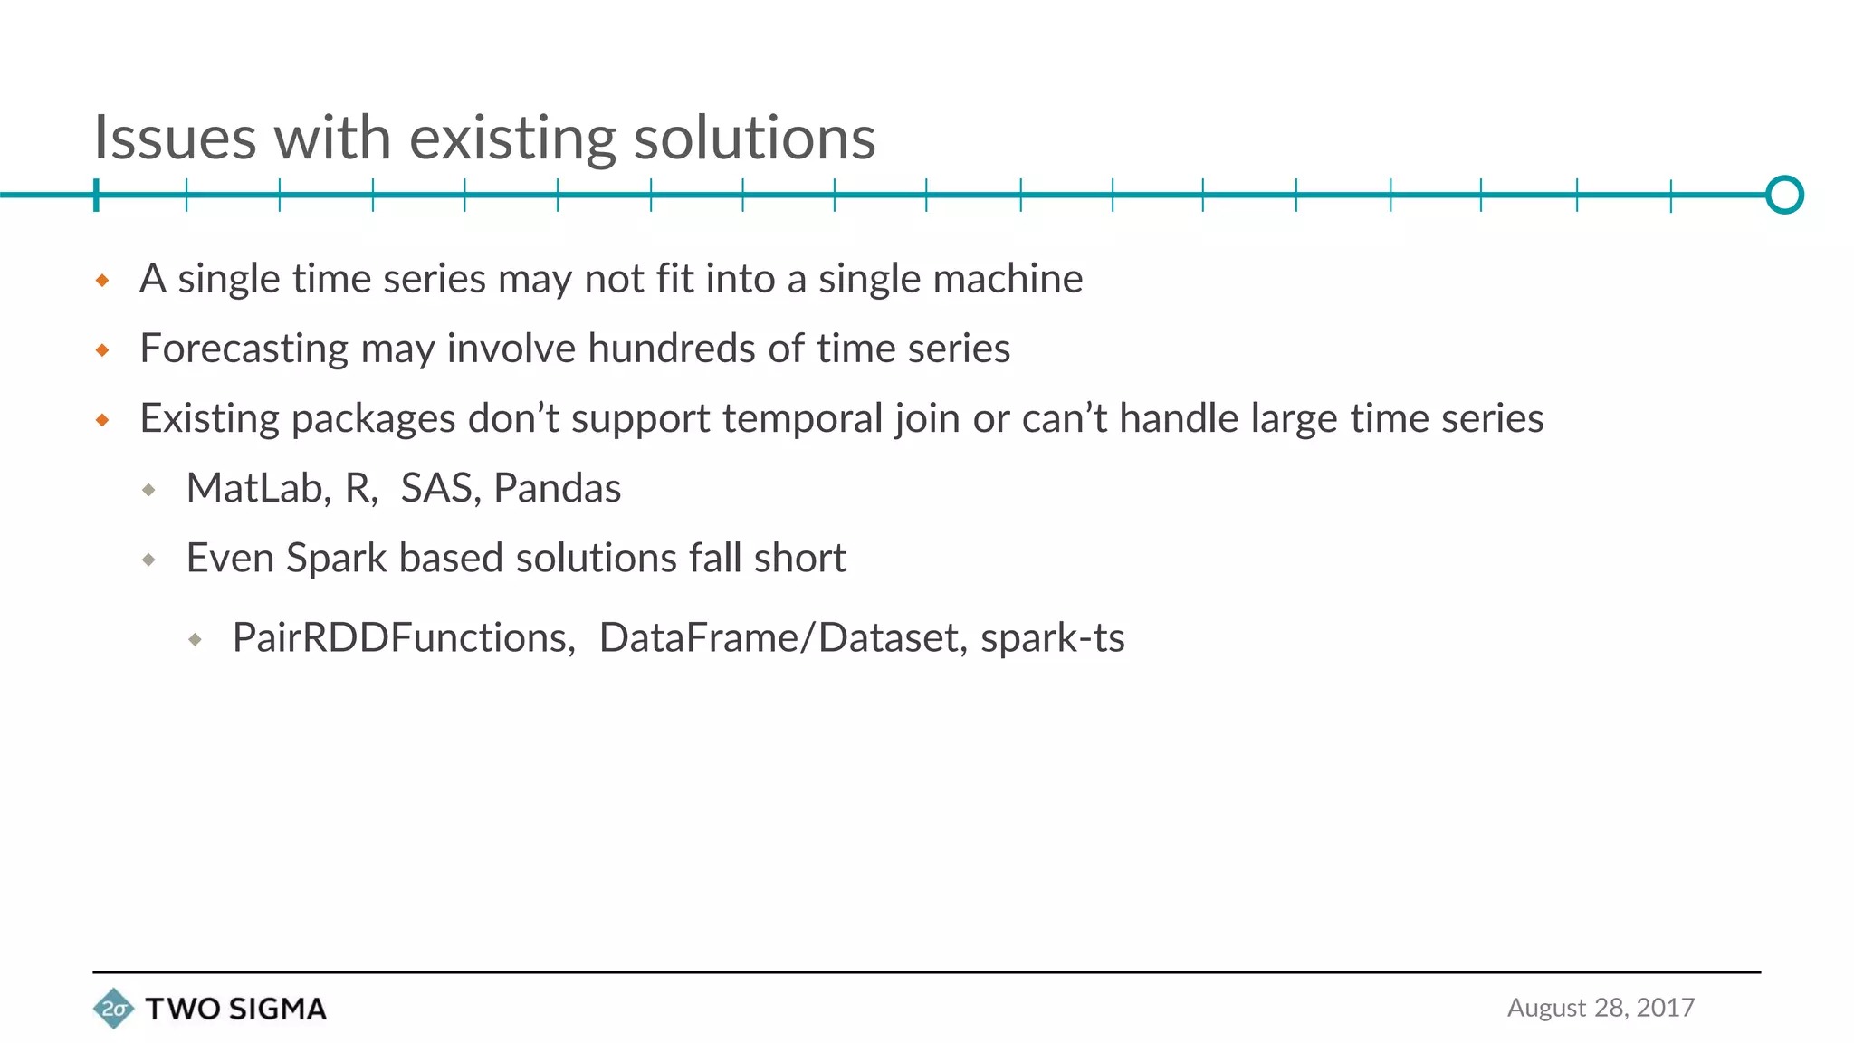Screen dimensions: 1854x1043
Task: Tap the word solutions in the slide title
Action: pyautogui.click(x=754, y=139)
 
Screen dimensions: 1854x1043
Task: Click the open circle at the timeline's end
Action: pyautogui.click(x=1784, y=195)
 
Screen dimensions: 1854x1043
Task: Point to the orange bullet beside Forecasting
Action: pyautogui.click(x=102, y=350)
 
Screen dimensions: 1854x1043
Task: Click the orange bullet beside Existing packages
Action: pyautogui.click(x=102, y=420)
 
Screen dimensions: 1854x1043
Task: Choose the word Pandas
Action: pyautogui.click(x=558, y=488)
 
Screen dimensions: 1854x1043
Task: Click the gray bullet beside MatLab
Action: pyautogui.click(x=149, y=490)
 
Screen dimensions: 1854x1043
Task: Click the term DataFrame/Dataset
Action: pyautogui.click(x=779, y=638)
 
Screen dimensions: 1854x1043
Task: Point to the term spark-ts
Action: pyautogui.click(x=1053, y=638)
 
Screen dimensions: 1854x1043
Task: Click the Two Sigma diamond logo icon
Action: pyautogui.click(x=113, y=1008)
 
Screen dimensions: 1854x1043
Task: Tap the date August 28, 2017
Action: pyautogui.click(x=1601, y=1008)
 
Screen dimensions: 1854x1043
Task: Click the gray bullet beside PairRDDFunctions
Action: pyautogui.click(x=196, y=640)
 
